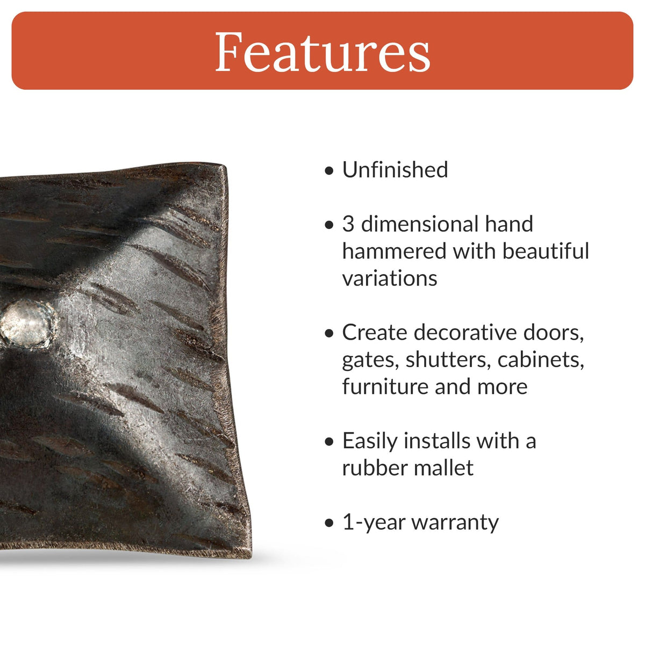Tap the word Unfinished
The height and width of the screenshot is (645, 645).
(x=395, y=170)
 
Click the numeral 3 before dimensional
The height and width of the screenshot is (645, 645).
(x=348, y=224)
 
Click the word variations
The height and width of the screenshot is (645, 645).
(x=390, y=278)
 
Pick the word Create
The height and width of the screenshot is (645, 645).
(x=375, y=333)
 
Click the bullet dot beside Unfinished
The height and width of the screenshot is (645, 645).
(x=329, y=171)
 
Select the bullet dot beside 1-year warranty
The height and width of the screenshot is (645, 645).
(x=329, y=524)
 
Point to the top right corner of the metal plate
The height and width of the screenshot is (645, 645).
(x=226, y=167)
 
